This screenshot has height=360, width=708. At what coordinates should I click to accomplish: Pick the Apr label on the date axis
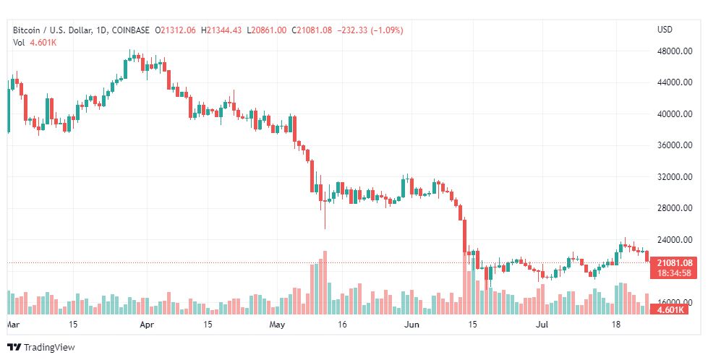click(147, 325)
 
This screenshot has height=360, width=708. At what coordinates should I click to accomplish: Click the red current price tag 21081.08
click(675, 263)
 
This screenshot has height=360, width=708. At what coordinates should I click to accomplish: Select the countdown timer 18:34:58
click(675, 273)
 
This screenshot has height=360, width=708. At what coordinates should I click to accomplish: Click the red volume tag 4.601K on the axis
click(675, 309)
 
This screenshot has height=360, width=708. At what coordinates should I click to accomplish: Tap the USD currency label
click(665, 30)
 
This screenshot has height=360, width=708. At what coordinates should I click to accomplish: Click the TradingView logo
click(41, 348)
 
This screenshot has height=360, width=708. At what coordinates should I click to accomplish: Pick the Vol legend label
click(20, 43)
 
